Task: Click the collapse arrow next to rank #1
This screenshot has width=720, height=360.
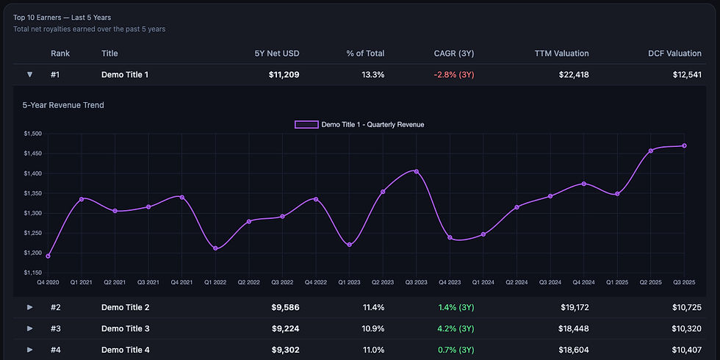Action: (30, 74)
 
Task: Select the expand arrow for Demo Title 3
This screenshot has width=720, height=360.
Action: (30, 328)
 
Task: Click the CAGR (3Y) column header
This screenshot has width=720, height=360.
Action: (454, 54)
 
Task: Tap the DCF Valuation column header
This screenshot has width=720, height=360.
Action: (674, 54)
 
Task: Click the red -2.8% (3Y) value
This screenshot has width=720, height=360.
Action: (453, 74)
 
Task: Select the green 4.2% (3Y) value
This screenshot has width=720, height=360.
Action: (456, 328)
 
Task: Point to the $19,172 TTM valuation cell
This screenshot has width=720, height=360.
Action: (573, 307)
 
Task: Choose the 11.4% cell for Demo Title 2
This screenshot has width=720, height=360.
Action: (372, 307)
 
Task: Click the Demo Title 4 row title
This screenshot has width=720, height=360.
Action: (126, 350)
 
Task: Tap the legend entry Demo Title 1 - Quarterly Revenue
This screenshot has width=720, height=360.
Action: (360, 125)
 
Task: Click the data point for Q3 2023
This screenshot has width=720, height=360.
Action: (417, 172)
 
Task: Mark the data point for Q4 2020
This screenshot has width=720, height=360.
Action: (48, 256)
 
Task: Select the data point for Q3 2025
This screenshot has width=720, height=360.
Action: (685, 145)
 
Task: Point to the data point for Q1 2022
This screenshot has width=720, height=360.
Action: (215, 248)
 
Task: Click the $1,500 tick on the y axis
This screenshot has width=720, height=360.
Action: (32, 134)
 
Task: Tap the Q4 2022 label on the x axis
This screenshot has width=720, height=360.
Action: (315, 281)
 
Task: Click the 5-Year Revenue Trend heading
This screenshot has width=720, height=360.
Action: (63, 105)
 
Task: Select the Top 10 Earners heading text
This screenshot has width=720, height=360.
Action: (62, 17)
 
